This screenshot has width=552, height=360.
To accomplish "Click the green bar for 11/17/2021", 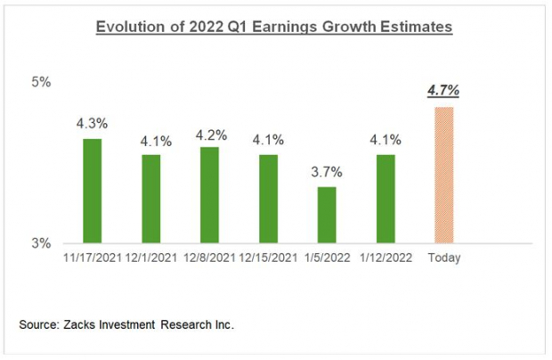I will tap(92, 191).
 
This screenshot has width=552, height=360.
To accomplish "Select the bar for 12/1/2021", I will tap(150, 199).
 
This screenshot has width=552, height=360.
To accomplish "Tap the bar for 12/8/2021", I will tap(209, 194).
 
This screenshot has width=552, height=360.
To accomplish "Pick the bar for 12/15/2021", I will tap(268, 199).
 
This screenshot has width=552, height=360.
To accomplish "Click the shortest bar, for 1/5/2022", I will tap(327, 215).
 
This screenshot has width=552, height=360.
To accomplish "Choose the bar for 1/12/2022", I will tap(386, 199).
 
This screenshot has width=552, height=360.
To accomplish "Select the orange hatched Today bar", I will tap(443, 175).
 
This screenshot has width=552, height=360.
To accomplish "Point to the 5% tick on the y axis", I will tap(42, 83).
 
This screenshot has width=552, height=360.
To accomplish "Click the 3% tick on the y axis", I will tap(42, 243).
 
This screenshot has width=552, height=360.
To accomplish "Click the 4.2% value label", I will tap(210, 135).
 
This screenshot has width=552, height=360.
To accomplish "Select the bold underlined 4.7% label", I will tap(443, 91).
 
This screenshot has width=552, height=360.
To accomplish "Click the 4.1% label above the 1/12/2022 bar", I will tap(386, 140).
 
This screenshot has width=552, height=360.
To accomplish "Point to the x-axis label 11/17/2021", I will tap(93, 258).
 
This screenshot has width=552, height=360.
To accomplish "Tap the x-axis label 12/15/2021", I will tap(268, 258).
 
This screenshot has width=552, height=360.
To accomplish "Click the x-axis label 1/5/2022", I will tap(327, 258).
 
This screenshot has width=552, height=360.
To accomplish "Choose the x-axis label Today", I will tap(443, 258).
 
